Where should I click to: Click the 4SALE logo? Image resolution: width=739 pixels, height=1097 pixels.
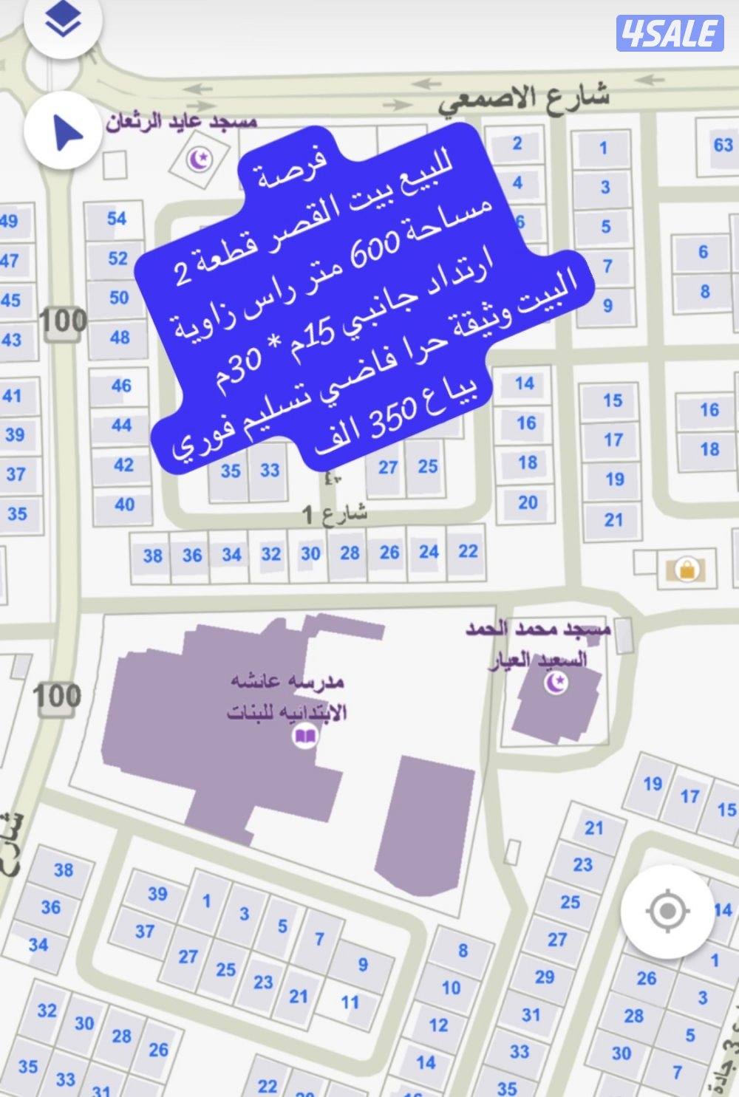[x=670, y=33]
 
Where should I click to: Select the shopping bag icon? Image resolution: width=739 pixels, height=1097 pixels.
[x=686, y=569]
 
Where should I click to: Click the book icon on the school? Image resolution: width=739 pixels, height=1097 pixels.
[x=304, y=736]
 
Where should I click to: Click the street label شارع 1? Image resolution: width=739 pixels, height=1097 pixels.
[x=335, y=514]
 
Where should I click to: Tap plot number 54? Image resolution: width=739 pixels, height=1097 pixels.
[x=117, y=218]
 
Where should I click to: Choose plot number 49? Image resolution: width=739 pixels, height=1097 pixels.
[x=9, y=221]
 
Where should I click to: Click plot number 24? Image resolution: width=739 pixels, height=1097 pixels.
[x=429, y=552]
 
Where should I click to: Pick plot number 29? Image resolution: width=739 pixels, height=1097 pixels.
[x=545, y=977]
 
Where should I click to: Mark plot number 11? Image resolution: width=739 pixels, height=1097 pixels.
[x=350, y=1002]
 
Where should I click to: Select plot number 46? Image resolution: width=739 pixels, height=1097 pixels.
[x=121, y=386]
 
